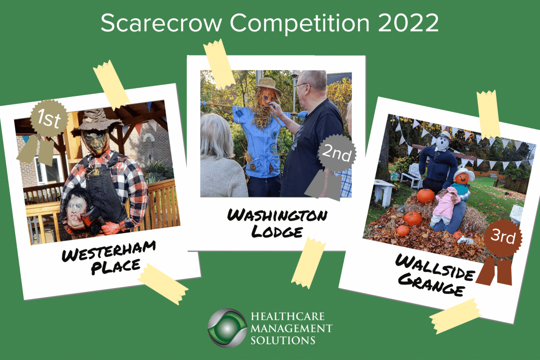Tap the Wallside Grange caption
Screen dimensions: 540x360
435,275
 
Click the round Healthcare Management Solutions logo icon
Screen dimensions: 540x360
228,328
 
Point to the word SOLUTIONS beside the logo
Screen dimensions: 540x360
283,341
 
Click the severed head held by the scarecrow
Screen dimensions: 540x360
77,210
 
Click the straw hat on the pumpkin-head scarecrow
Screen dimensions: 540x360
267,86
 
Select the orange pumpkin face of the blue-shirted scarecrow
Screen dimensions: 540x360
266,99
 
